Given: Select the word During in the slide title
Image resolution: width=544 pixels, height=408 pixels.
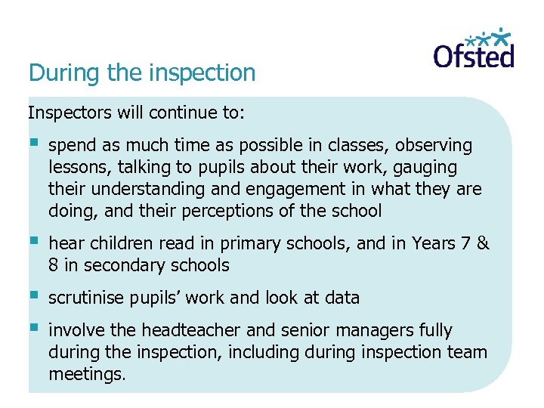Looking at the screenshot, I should point(52,73).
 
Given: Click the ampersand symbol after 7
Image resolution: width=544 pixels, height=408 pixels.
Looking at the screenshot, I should point(484,243).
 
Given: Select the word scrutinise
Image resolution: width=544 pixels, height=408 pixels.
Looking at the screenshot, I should point(85,298).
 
